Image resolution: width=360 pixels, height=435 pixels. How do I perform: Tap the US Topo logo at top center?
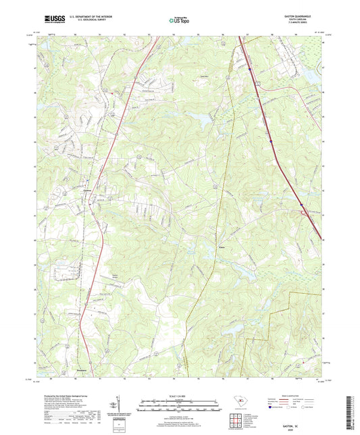tap(179, 21)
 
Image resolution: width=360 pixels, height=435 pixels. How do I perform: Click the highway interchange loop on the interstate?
tap(305, 214)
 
